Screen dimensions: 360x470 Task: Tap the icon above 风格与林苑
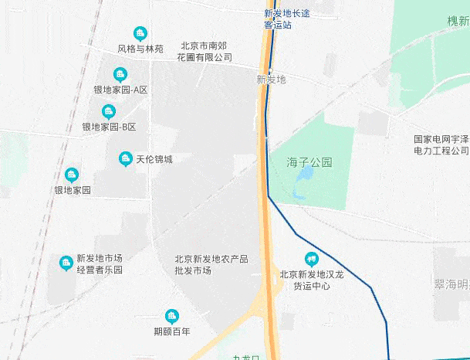coord(140,33)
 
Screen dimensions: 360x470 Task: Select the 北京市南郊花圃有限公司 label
coord(204,51)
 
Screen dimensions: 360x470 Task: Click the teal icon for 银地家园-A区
coord(120,75)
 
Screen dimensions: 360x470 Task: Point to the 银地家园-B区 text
coord(109,127)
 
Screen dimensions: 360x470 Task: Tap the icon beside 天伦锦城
coord(125,159)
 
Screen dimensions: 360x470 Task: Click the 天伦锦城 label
coord(154,160)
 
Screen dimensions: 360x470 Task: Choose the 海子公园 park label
coord(309,163)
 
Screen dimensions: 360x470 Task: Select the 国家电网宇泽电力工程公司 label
coord(441,144)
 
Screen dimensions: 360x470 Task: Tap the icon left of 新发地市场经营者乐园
coord(66,263)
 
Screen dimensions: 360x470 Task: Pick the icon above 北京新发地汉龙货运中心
coord(311,259)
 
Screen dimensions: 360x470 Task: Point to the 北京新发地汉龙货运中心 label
coord(311,280)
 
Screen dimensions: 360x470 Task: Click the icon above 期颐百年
coord(171,316)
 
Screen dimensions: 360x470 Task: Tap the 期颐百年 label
coord(171,332)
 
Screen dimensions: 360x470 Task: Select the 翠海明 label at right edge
coord(451,284)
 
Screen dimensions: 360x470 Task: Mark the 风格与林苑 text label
coord(140,49)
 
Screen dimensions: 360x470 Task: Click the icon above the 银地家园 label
coord(72,175)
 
